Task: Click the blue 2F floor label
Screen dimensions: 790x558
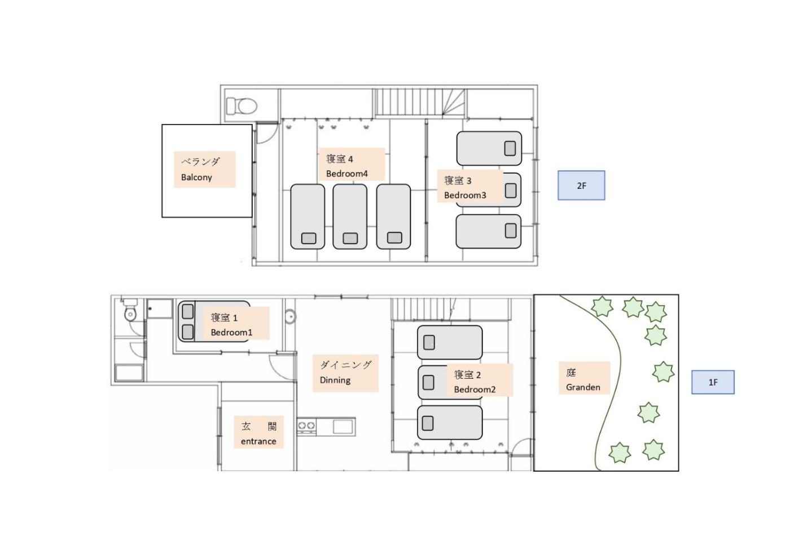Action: tap(581, 185)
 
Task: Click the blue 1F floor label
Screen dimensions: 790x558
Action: tap(713, 382)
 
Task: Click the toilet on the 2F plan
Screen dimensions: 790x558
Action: tap(242, 106)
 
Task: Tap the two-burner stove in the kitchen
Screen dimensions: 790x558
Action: tap(306, 426)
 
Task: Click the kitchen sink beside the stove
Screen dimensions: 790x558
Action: tap(343, 427)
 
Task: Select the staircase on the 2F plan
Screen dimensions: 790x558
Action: tap(420, 102)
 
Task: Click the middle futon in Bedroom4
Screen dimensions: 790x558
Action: tap(350, 216)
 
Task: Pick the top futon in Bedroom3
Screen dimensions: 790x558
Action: tap(489, 148)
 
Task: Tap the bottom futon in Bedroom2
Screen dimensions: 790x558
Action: tap(450, 422)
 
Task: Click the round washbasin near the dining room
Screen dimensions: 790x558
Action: tap(290, 316)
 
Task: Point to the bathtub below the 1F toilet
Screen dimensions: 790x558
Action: tap(129, 373)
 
